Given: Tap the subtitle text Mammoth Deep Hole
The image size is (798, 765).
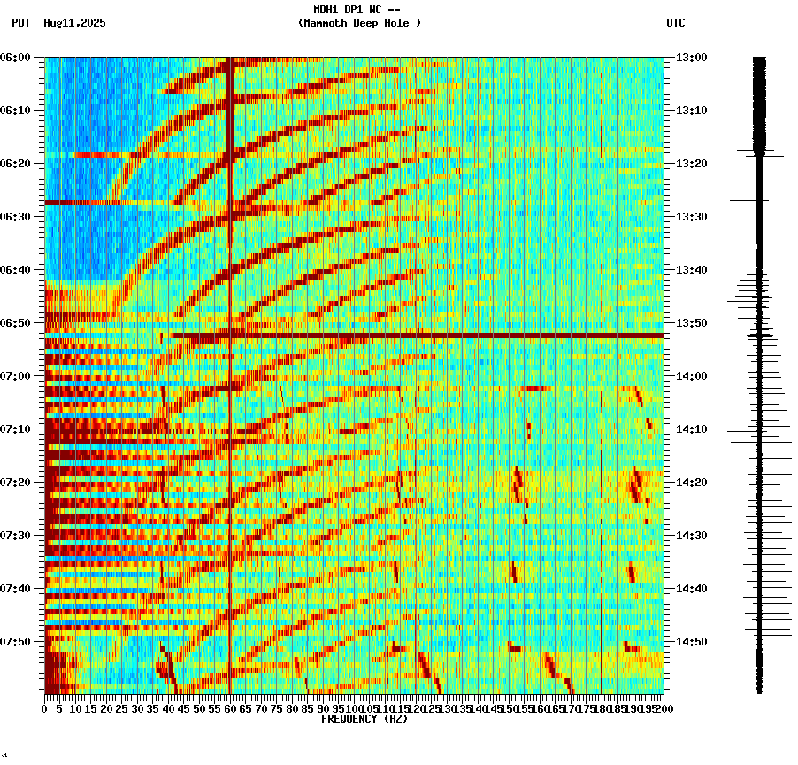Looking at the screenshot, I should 359,23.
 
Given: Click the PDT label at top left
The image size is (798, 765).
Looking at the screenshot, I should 20,23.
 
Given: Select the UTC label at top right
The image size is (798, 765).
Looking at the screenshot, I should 675,23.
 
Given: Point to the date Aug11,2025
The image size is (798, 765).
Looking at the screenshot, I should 74,23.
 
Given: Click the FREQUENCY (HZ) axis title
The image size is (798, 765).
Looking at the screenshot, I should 364,719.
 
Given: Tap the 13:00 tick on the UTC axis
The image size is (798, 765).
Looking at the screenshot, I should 692,58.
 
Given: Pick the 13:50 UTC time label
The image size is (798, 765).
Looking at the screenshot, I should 692,323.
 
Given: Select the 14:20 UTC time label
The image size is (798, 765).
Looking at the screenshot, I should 692,483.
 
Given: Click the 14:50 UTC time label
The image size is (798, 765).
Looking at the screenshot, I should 692,642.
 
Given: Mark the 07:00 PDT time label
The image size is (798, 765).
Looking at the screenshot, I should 16,376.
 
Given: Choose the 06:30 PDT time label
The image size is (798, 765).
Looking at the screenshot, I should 16,217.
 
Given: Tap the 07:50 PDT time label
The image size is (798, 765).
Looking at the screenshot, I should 16,642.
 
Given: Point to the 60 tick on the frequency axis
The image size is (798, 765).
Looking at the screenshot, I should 230,709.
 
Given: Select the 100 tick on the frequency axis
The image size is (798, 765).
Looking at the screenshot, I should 354,709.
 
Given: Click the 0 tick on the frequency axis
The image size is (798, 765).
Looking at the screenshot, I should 45,709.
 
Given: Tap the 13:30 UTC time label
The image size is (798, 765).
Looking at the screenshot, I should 692,217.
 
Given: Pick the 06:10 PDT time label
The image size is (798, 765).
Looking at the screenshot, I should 16,111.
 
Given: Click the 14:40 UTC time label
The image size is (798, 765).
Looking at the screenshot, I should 692,589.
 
